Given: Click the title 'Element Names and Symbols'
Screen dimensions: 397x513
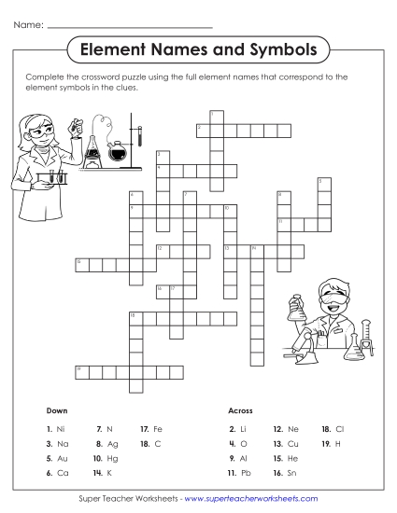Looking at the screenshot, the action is pos(199,48).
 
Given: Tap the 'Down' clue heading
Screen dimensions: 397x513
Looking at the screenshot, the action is pos(57,410).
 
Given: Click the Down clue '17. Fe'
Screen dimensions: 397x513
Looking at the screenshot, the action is pos(151,427).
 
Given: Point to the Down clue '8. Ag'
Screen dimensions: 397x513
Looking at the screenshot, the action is pos(106,443).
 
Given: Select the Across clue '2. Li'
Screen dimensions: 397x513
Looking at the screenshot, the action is pos(237,427).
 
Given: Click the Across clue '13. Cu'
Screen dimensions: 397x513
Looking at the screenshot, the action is pos(285,443).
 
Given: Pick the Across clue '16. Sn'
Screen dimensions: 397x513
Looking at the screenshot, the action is pos(284,474).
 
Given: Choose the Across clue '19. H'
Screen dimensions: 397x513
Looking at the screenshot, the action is pos(330,443).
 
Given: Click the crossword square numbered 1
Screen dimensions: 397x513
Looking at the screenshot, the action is pos(214,116).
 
